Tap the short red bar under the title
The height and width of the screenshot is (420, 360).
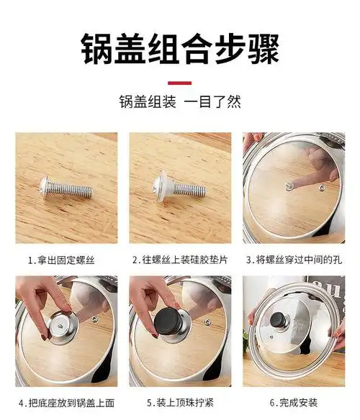click(179, 82)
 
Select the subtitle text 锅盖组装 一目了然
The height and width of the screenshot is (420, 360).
click(179, 103)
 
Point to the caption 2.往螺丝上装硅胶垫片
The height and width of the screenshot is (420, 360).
click(180, 260)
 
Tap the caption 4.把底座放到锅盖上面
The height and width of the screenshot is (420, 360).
click(66, 403)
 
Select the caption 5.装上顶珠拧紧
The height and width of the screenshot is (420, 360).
click(180, 403)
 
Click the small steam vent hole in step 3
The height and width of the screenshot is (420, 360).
click(321, 187)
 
